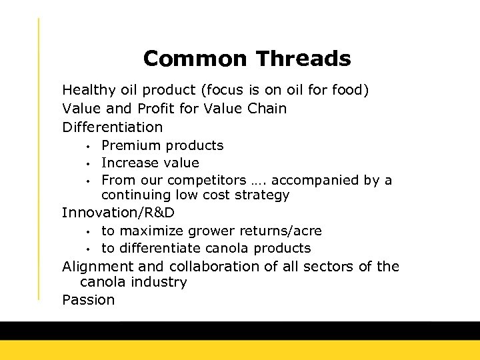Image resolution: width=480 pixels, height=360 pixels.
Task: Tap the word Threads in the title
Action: pyautogui.click(x=303, y=59)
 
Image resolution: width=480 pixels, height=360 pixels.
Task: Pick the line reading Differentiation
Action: pyautogui.click(x=112, y=127)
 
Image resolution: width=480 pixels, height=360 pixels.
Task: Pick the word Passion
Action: pyautogui.click(x=88, y=300)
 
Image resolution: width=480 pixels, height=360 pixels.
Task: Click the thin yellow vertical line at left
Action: pyautogui.click(x=39, y=160)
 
